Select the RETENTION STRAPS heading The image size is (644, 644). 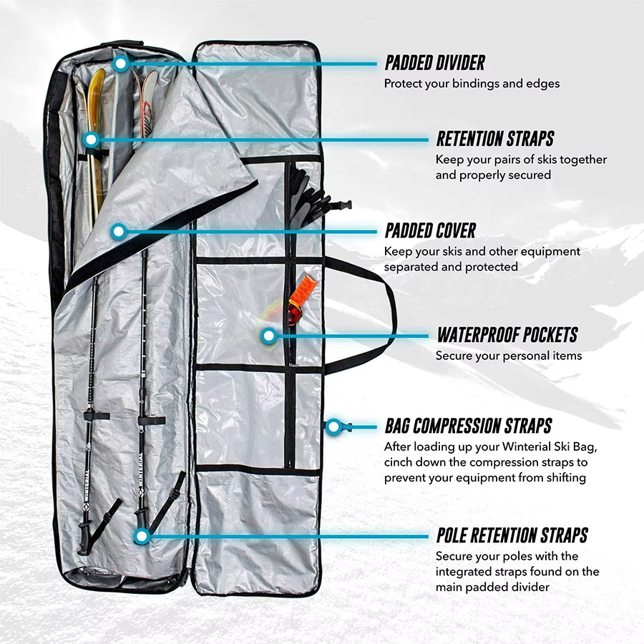495,138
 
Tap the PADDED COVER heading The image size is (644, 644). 430,230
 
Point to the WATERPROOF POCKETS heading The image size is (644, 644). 507,335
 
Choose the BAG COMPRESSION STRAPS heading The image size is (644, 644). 468,426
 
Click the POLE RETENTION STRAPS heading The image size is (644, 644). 512,535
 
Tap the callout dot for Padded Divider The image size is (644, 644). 121,64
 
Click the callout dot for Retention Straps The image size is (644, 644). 90,139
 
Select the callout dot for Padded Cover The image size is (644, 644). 119,231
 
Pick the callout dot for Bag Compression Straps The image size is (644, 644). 333,427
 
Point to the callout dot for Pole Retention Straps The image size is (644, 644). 141,535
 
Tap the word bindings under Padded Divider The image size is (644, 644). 473,84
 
